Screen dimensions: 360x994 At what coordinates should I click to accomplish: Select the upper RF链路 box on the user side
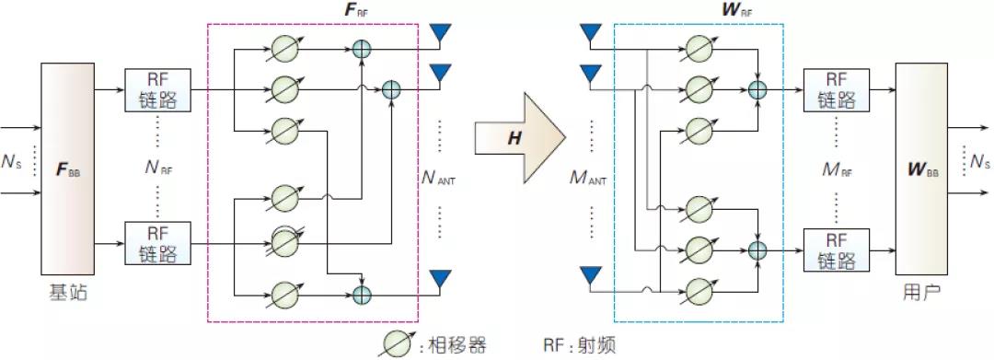pyautogui.click(x=833, y=89)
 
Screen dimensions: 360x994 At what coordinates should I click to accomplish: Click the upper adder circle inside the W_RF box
pyautogui.click(x=757, y=89)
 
